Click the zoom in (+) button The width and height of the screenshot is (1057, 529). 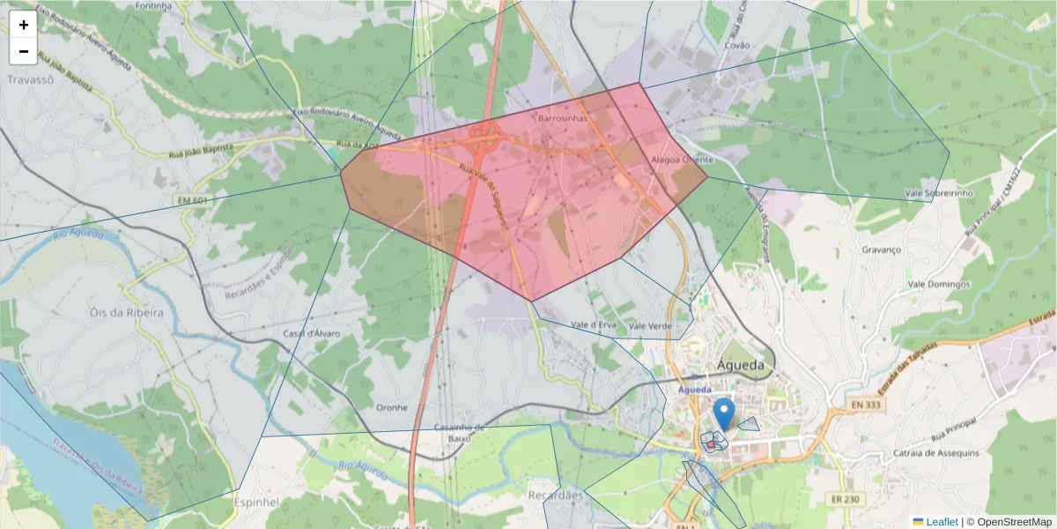tap(24, 25)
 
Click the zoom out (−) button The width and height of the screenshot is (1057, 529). tap(24, 51)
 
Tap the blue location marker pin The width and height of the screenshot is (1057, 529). tap(723, 414)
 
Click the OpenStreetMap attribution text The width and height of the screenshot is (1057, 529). tap(1009, 522)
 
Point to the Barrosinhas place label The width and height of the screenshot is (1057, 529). tap(562, 116)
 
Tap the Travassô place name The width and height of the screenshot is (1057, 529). tap(31, 78)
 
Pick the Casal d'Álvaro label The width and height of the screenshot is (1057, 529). tap(311, 333)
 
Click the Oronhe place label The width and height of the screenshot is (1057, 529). tap(392, 407)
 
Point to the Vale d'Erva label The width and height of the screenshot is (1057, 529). tap(594, 325)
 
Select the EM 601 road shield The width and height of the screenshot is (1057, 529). tap(188, 202)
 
